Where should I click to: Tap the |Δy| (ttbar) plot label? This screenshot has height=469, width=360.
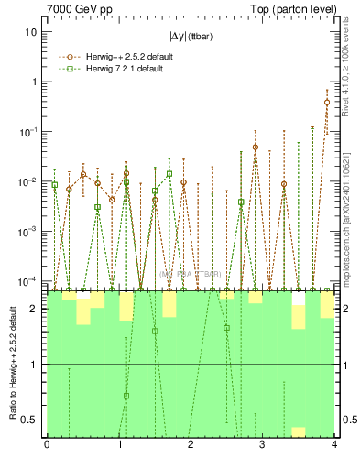[x=191, y=37]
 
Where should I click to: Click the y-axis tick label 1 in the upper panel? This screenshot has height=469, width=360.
[x=35, y=82]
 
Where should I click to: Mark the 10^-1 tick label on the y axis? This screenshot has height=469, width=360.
[x=29, y=132]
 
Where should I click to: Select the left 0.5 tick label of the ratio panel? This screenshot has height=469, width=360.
[x=31, y=420]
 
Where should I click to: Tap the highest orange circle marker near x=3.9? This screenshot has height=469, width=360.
[x=327, y=102]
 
